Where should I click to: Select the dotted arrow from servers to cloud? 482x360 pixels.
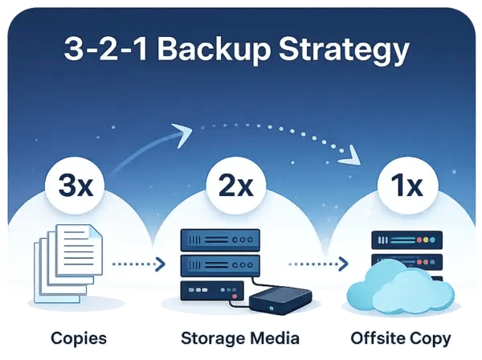317,263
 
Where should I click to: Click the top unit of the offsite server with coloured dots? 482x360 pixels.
407,240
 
